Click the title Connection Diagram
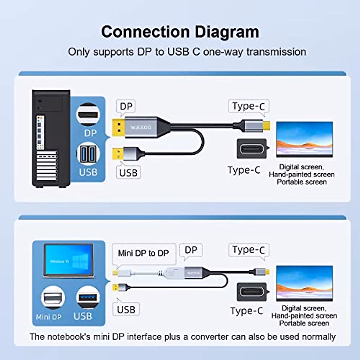[180, 32]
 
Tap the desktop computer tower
[51, 139]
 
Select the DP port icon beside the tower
[88, 114]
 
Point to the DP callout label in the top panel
[126, 106]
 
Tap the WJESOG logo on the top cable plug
[141, 127]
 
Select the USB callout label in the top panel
[128, 173]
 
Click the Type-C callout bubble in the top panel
[248, 106]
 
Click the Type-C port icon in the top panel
[252, 149]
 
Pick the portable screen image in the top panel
[304, 139]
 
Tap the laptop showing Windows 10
[69, 260]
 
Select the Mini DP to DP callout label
[143, 253]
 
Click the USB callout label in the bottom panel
[126, 309]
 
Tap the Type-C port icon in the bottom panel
[252, 292]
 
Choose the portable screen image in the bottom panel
[304, 283]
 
